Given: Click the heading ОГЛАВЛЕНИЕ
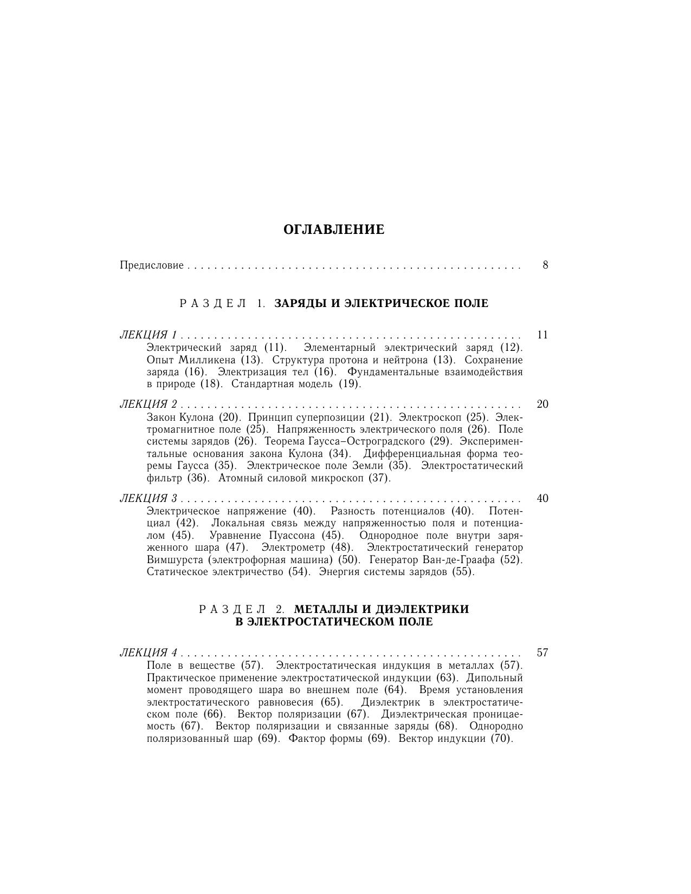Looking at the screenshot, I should click(334, 230).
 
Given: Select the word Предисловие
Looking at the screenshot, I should click(151, 265).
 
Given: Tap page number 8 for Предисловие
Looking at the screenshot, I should click(545, 265).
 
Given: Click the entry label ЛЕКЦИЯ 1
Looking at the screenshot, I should click(148, 335).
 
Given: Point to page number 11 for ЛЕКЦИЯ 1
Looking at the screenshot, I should click(543, 335).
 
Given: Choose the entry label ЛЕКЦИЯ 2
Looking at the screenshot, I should click(148, 404).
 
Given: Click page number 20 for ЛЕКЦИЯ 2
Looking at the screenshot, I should click(543, 404).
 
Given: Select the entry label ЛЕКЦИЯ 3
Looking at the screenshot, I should click(148, 498).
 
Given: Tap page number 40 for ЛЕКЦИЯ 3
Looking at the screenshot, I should click(543, 498).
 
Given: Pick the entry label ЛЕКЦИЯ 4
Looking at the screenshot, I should click(148, 652).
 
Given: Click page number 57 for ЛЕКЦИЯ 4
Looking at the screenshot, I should click(543, 652).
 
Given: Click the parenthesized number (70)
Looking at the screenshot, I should click(501, 739).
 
